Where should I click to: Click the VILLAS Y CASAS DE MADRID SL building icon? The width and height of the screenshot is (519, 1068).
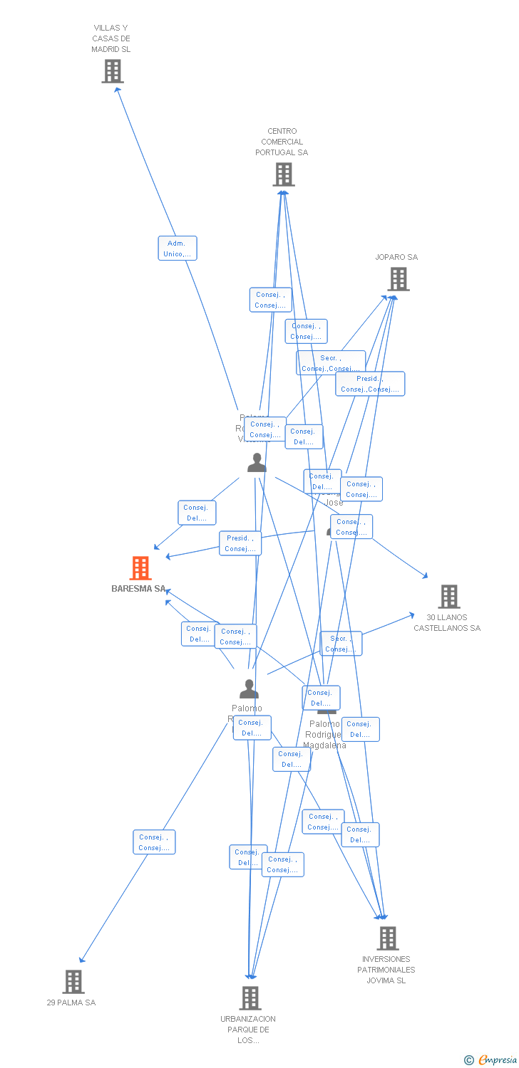click(x=112, y=71)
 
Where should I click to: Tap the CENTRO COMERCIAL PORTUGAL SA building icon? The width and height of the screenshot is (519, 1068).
click(x=283, y=174)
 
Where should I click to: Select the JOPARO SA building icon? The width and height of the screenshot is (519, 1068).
click(x=399, y=279)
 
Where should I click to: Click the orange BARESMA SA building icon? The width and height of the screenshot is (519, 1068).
click(x=140, y=568)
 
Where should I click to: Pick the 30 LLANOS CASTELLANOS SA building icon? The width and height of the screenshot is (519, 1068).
click(x=448, y=597)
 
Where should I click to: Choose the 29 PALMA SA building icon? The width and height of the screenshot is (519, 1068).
click(x=73, y=982)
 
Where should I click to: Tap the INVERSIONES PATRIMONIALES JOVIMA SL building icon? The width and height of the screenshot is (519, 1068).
click(x=387, y=938)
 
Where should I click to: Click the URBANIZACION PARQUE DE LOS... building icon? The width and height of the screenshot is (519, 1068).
click(x=250, y=998)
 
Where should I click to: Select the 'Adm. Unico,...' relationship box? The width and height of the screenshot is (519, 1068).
click(x=177, y=248)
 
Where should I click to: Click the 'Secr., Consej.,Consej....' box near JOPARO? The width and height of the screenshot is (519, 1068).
click(x=331, y=363)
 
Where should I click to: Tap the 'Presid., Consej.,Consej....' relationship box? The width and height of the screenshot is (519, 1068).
click(x=370, y=384)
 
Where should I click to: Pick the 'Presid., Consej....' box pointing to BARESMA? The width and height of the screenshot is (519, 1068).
click(x=240, y=543)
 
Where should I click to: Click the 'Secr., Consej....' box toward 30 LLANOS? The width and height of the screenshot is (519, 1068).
click(x=341, y=644)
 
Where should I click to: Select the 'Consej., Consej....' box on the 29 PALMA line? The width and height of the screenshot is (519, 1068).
click(x=154, y=842)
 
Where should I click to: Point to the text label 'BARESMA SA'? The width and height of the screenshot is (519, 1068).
click(x=138, y=589)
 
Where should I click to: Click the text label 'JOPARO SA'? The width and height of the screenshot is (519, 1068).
click(x=396, y=257)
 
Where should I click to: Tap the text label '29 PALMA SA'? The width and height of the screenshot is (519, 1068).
click(x=71, y=1002)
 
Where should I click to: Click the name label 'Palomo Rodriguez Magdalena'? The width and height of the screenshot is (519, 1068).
click(x=324, y=735)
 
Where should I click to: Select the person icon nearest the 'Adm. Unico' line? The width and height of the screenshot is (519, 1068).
click(x=257, y=463)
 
